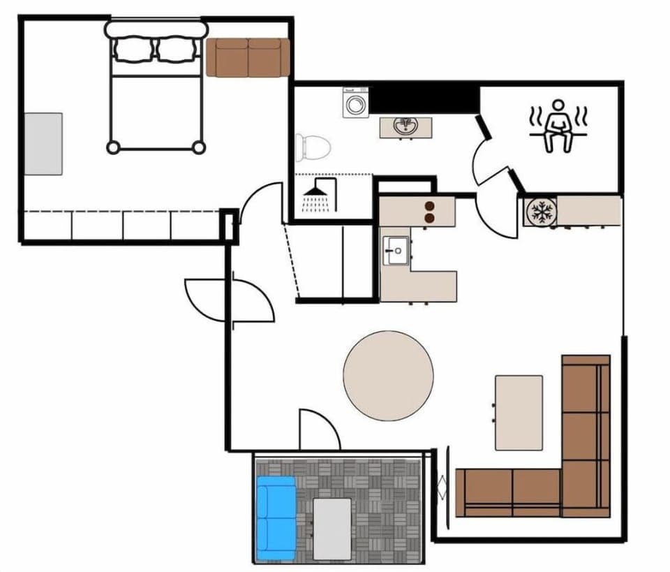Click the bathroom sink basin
(405, 127)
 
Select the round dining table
(388, 376)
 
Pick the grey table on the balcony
(332, 529)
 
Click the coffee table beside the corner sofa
(519, 412)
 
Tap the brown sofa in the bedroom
(248, 57)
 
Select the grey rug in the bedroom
(43, 143)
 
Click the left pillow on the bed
(133, 50)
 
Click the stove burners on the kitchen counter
(429, 212)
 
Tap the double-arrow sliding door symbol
(440, 486)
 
